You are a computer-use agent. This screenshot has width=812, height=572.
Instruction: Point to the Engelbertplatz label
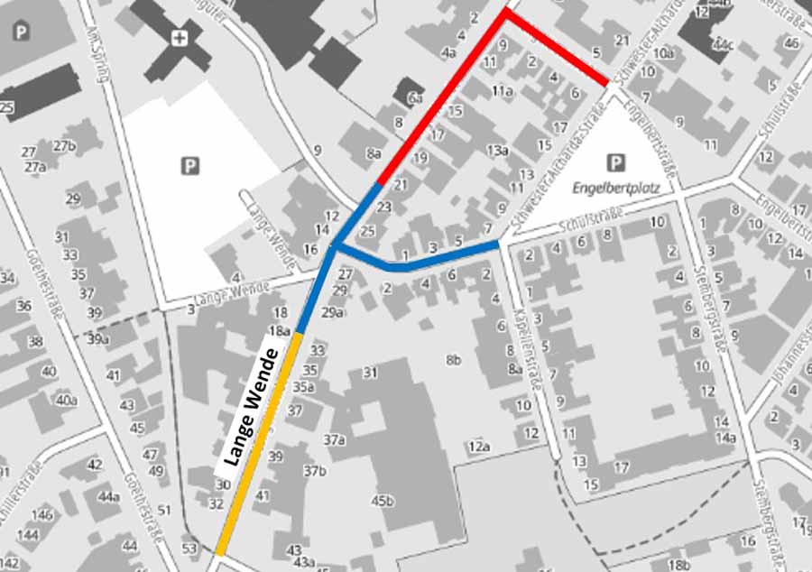[617, 189]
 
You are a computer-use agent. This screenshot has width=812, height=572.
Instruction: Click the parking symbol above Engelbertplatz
[615, 163]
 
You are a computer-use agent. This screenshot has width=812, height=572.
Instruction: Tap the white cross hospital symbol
[180, 38]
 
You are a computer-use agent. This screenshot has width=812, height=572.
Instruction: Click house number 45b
[383, 501]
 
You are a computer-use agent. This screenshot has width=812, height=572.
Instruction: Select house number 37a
[335, 440]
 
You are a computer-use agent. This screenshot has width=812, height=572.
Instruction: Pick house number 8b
[453, 361]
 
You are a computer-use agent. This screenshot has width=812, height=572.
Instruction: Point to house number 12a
[478, 447]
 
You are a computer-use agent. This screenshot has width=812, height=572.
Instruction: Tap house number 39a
[97, 339]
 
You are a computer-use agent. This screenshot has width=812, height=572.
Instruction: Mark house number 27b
[64, 146]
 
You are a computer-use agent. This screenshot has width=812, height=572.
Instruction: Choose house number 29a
[332, 312]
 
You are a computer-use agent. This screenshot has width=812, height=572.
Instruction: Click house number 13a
[498, 150]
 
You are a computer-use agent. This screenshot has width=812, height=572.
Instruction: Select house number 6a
[415, 97]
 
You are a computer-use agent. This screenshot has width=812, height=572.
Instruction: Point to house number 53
[189, 549]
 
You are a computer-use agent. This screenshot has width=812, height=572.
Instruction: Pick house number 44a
[108, 497]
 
